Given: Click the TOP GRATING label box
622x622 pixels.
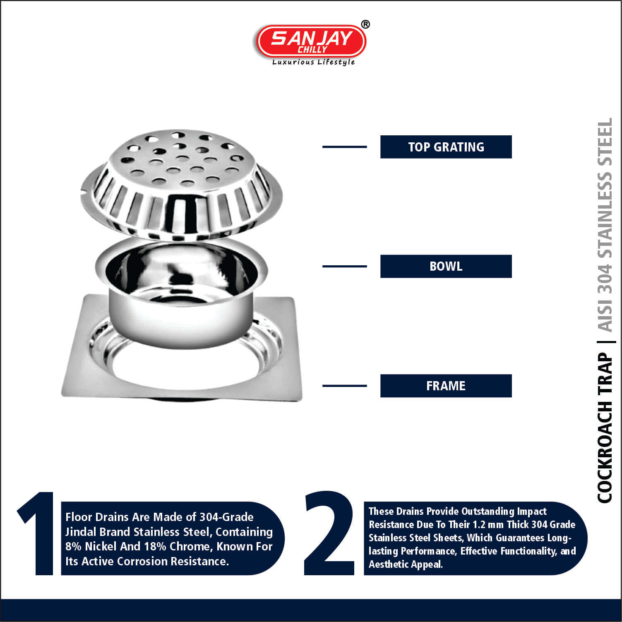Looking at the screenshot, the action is tap(446, 147).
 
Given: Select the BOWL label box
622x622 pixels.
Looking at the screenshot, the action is tap(446, 266).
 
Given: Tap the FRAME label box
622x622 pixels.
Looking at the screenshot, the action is tap(446, 386).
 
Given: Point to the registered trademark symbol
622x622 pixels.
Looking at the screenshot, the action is tap(365, 24).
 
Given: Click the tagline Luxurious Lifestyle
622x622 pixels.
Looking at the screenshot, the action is tap(313, 62).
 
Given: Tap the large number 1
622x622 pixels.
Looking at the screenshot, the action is tap(36, 533).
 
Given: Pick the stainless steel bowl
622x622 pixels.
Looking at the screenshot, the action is tap(181, 290).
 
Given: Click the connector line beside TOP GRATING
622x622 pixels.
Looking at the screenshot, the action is tap(345, 147).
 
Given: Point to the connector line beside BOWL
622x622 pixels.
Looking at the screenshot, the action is tap(345, 267).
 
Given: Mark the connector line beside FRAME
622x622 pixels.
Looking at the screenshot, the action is tap(345, 386).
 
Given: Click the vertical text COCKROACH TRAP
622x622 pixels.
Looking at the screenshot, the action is tap(605, 427).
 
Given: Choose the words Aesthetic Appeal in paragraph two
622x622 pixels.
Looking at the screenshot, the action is tap(406, 564).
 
